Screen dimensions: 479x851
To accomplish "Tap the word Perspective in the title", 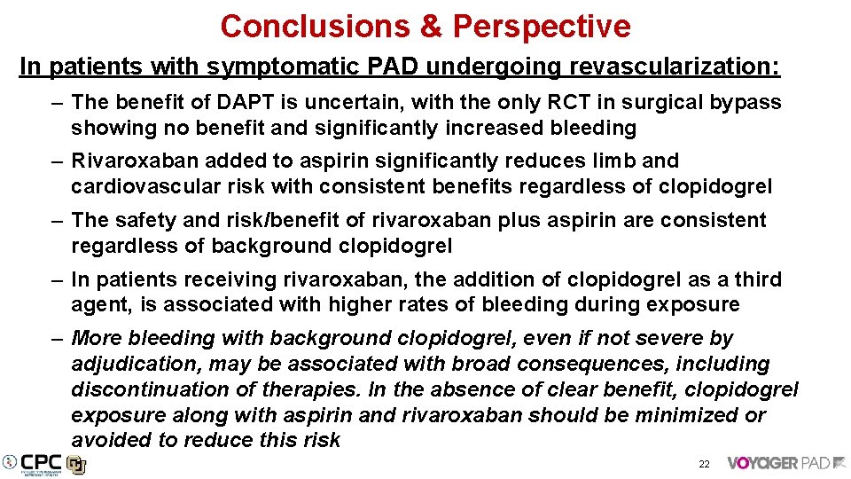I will (x=542, y=27).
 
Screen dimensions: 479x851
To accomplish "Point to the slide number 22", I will (x=704, y=464).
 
